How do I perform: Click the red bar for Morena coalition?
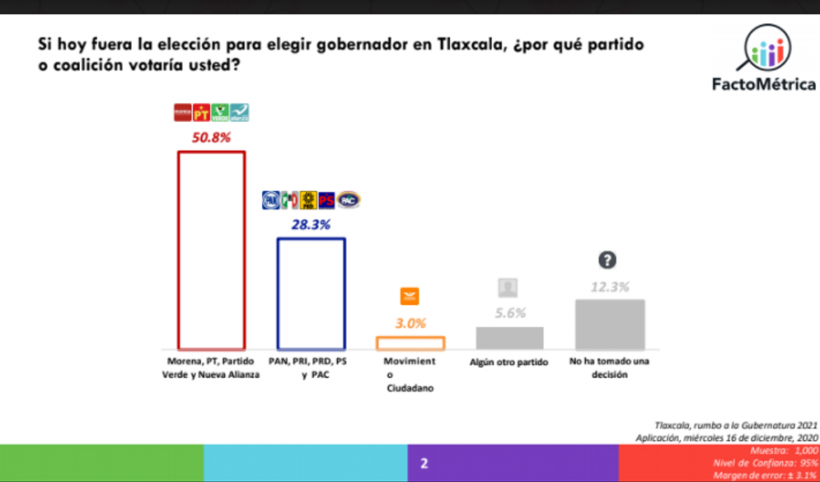[x=211, y=250]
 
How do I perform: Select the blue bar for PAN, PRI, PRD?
[x=311, y=294]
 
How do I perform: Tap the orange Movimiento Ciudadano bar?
[x=410, y=343]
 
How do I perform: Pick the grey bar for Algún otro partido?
[x=509, y=338]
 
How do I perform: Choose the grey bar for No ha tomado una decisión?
[x=609, y=324]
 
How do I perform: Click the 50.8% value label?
[x=211, y=137]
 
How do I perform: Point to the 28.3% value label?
[x=311, y=225]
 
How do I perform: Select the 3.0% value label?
[x=410, y=323]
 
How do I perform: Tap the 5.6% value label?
[x=509, y=314]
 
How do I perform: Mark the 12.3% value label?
[x=609, y=287]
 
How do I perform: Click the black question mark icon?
[x=609, y=259]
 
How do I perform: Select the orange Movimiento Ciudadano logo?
[x=410, y=296]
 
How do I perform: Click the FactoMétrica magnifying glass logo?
[x=764, y=49]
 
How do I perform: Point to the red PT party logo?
[x=201, y=113]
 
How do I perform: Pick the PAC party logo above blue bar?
[x=348, y=199]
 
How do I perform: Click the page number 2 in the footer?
[x=424, y=464]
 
